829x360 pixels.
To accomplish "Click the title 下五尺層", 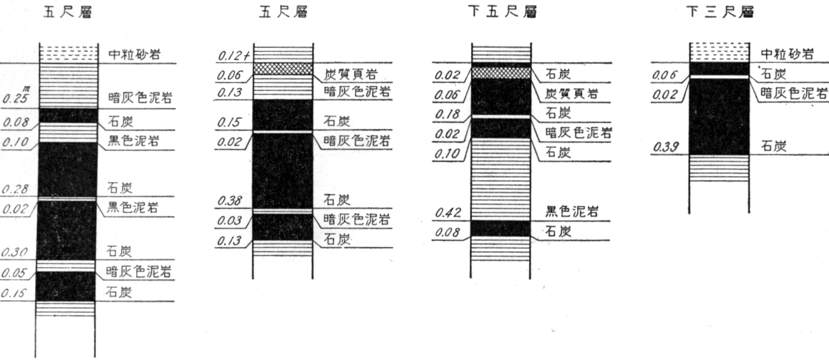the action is (502, 11).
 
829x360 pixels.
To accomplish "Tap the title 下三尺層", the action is (720, 11).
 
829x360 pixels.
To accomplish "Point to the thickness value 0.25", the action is (15, 99).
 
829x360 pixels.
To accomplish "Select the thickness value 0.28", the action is (15, 189).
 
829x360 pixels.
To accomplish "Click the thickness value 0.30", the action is (15, 252).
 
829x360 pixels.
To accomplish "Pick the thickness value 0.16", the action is (14, 293).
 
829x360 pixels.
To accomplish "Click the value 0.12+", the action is (234, 56).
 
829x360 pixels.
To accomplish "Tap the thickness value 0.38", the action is (230, 201).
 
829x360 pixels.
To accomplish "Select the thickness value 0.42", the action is (448, 212).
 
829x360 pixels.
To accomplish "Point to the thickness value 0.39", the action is (666, 148).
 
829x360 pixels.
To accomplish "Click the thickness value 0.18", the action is (447, 114).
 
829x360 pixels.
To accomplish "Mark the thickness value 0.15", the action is (230, 122).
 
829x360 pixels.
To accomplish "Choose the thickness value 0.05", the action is (14, 273).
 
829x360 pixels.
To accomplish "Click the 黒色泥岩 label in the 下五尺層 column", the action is (572, 211).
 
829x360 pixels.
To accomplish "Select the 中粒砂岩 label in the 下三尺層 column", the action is (787, 54).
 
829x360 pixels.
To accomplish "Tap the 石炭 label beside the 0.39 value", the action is (773, 146).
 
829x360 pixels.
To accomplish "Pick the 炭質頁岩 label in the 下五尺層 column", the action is (572, 93).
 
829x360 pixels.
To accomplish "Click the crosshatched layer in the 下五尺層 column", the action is (502, 73).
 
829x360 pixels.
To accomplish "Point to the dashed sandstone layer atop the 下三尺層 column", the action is (719, 52).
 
